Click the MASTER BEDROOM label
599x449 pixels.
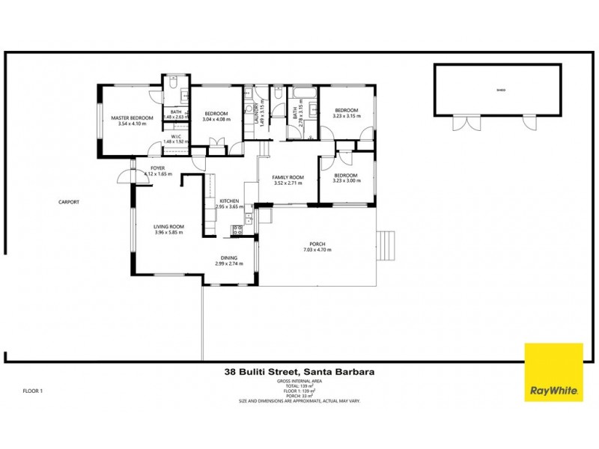click(x=132, y=118)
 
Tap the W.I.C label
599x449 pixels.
click(x=177, y=136)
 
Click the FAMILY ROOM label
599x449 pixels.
click(x=288, y=177)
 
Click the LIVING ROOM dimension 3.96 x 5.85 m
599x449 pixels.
click(x=169, y=232)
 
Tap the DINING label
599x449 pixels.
click(x=229, y=258)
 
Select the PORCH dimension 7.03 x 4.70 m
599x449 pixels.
click(x=318, y=250)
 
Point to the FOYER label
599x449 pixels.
click(x=157, y=168)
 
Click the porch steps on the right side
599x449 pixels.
click(x=386, y=245)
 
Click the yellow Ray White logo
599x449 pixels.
click(x=553, y=373)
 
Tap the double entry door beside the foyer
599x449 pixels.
click(x=124, y=177)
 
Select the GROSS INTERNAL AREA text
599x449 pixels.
click(x=299, y=380)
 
